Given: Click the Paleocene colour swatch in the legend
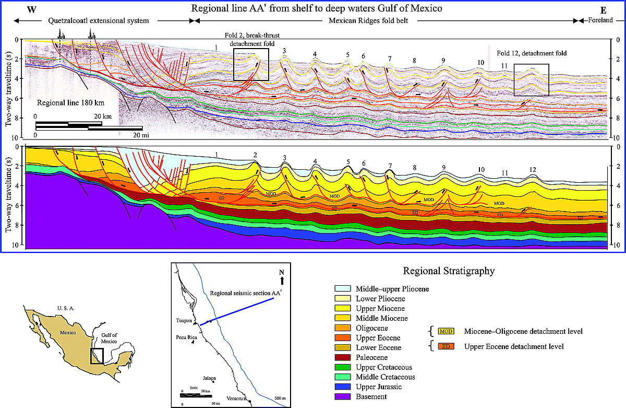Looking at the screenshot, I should point(343,358).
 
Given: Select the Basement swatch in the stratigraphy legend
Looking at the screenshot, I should point(343,397).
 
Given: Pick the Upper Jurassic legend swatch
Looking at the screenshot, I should point(343,387).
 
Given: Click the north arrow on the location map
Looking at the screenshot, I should point(282,280).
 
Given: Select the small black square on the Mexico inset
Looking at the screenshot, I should point(97,355).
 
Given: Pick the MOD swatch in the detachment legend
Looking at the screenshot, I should point(446,332).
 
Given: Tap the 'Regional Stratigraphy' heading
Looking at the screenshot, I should point(449,271).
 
